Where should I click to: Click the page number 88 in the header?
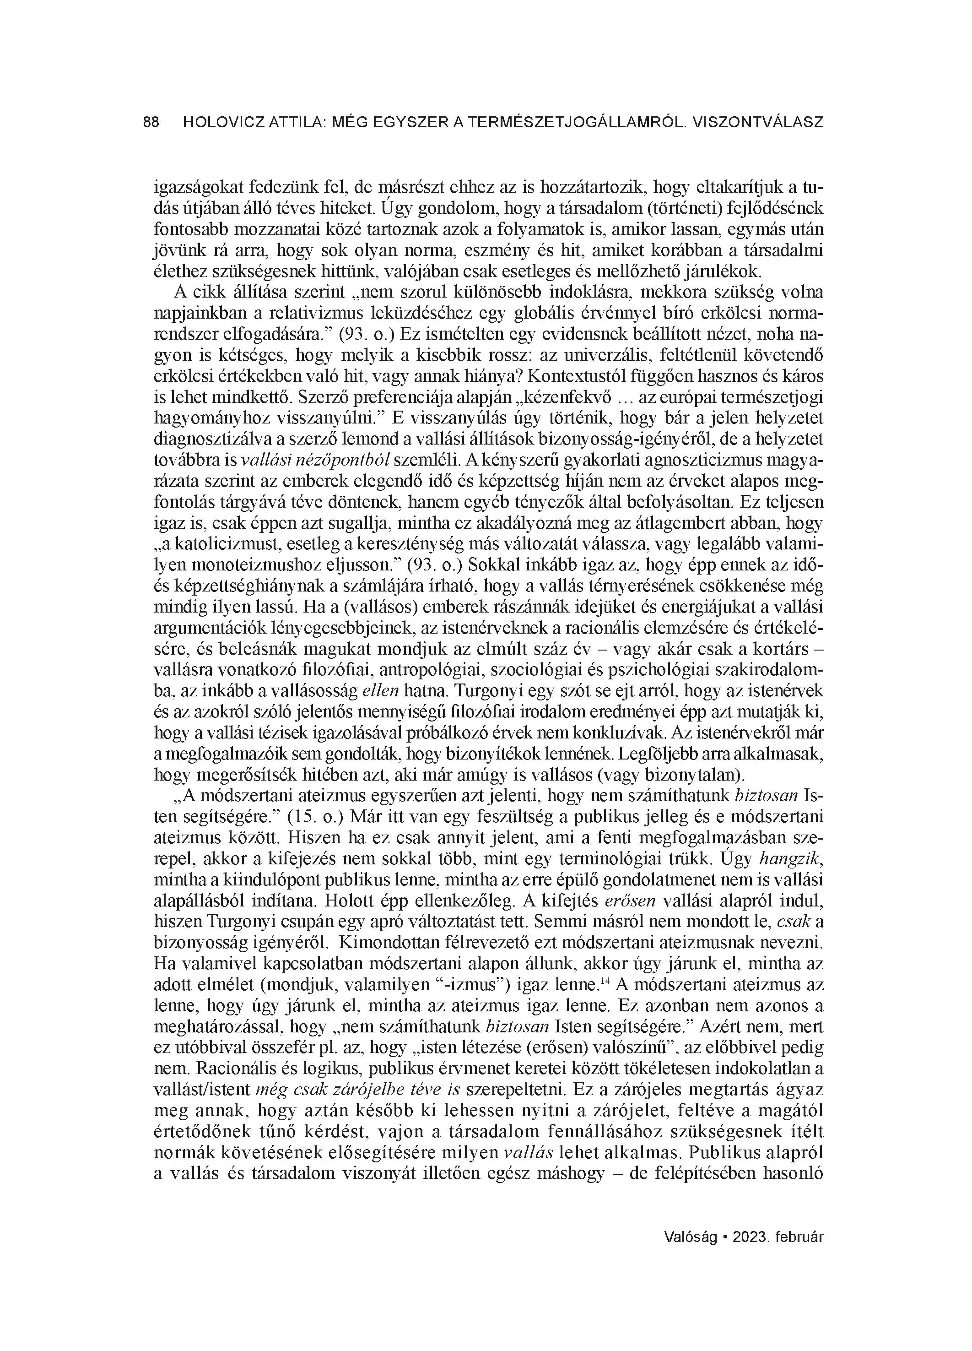pyautogui.click(x=151, y=123)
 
